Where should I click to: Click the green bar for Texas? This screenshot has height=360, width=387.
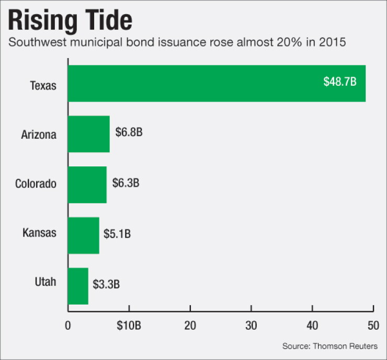(x=217, y=83)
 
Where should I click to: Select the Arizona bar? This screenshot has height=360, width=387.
(x=89, y=134)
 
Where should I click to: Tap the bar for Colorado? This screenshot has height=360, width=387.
(x=87, y=185)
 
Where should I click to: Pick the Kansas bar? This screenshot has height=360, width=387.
(x=84, y=235)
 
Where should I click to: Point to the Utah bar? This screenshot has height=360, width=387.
(x=78, y=286)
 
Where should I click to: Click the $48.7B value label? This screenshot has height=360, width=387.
(x=340, y=82)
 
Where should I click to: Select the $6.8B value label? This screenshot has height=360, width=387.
(x=129, y=132)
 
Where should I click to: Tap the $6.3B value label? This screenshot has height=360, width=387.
(x=126, y=183)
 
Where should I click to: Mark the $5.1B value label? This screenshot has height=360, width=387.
(x=117, y=233)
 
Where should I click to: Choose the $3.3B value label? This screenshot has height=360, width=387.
(x=106, y=284)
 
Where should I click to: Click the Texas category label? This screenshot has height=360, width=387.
(x=43, y=86)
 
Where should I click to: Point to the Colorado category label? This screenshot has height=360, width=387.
(x=36, y=184)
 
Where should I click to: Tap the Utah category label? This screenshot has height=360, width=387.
(x=45, y=282)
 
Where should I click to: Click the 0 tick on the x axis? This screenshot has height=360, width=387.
(x=68, y=325)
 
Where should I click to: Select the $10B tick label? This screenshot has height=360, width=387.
(x=129, y=325)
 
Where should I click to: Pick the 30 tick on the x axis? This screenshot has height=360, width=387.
(x=251, y=325)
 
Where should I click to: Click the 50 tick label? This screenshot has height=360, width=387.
(x=373, y=325)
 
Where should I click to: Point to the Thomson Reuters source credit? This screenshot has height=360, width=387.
(x=345, y=346)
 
